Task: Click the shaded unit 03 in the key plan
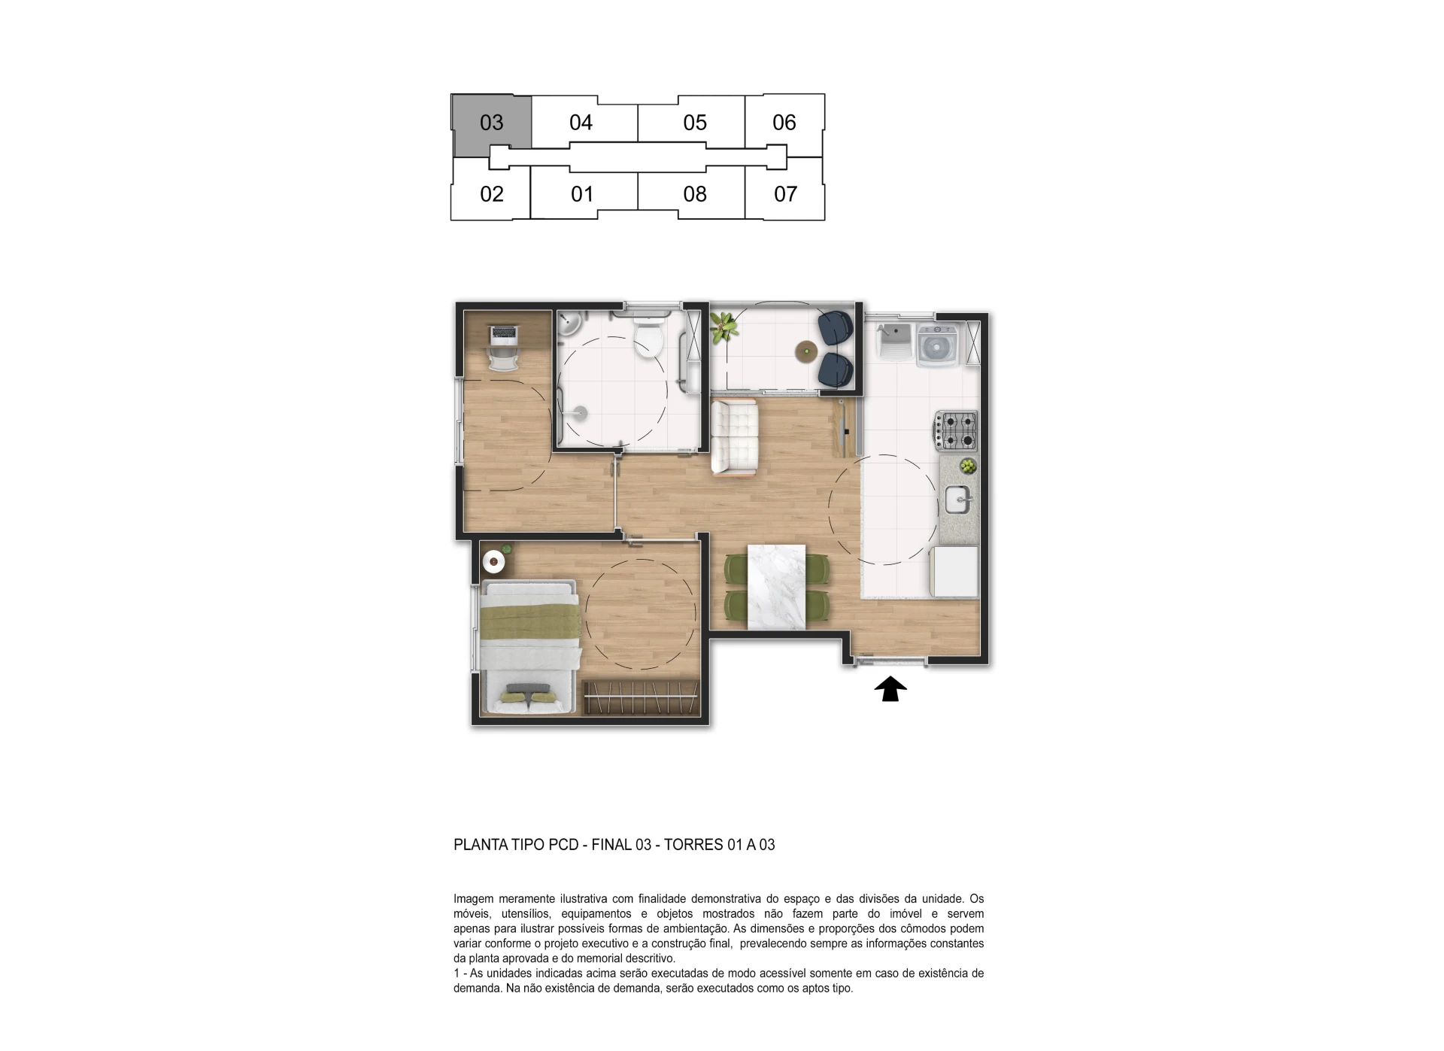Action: coord(492,122)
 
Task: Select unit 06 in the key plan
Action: coord(784,122)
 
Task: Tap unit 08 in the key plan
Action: coord(694,193)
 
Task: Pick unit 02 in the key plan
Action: coord(491,193)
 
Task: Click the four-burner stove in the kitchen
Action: coord(955,431)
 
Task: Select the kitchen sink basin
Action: coord(958,499)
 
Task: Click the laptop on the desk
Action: coord(503,333)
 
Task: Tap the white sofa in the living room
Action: coord(734,438)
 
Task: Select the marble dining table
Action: coord(776,587)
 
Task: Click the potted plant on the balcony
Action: coord(724,327)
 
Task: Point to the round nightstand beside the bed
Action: coord(493,560)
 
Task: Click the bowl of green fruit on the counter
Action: coord(967,466)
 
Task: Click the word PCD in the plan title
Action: coord(563,844)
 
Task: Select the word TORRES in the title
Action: coord(693,844)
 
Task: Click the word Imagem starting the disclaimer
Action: coord(473,899)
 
